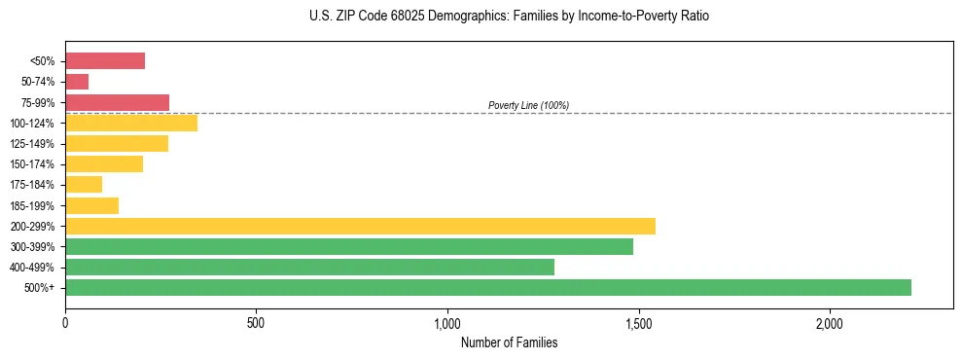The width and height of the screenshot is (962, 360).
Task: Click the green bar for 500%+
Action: click(487, 287)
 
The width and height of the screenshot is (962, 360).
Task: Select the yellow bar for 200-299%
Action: click(360, 226)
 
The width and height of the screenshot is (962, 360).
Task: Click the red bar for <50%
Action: click(105, 61)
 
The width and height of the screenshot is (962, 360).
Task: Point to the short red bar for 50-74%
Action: click(77, 82)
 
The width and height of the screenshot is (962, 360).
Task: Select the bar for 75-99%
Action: click(117, 102)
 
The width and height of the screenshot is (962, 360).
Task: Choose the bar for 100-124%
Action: click(131, 123)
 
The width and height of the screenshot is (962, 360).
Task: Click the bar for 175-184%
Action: click(84, 185)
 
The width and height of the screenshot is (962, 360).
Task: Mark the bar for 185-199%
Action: click(91, 205)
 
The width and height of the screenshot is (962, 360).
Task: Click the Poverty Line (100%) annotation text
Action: click(528, 105)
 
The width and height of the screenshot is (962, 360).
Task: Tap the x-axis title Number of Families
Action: click(509, 342)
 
